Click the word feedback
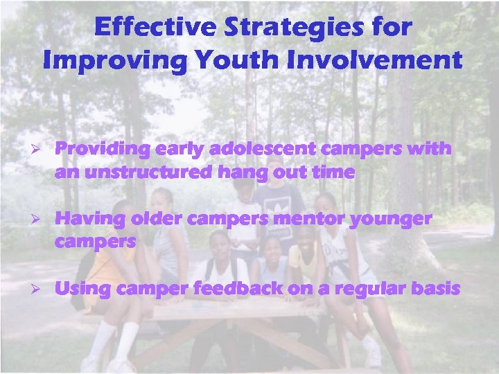232,289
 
